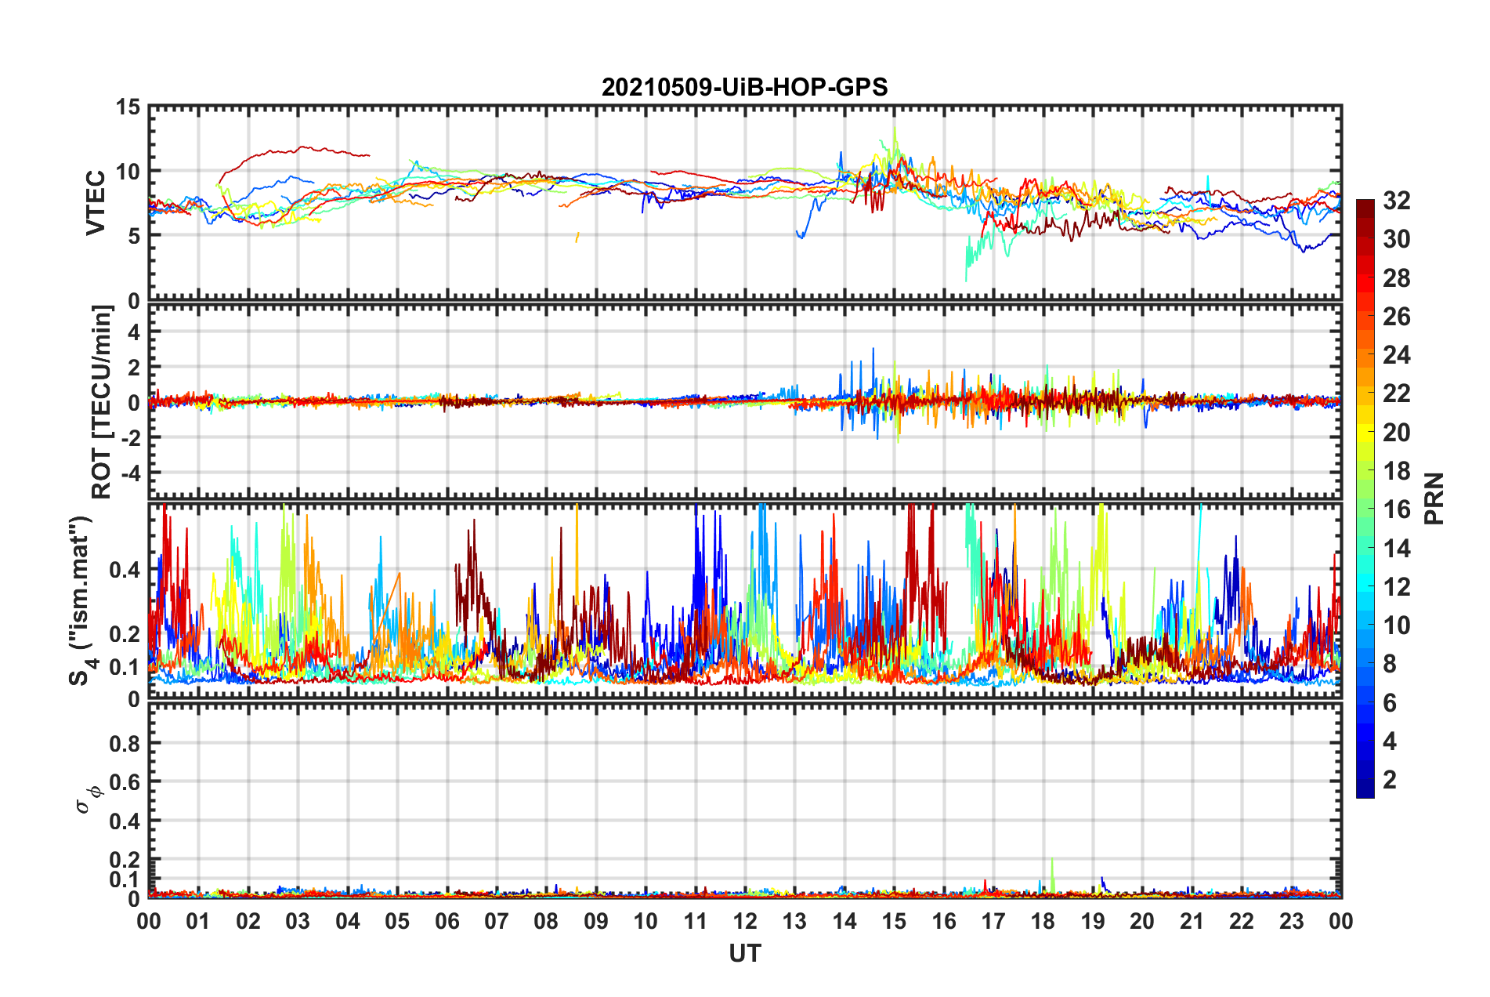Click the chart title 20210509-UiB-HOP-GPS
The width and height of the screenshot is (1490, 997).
click(x=744, y=87)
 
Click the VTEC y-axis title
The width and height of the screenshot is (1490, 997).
click(x=96, y=202)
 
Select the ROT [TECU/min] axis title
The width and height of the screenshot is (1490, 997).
click(x=101, y=402)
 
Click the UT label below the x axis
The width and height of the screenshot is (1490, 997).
click(x=744, y=953)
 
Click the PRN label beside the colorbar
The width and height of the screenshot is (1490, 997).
click(x=1434, y=498)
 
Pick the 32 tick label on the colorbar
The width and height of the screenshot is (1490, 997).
click(x=1396, y=201)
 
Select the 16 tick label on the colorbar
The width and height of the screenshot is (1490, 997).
click(x=1396, y=509)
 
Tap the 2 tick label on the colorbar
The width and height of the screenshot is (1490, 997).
click(x=1390, y=779)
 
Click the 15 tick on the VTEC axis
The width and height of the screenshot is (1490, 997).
click(x=128, y=107)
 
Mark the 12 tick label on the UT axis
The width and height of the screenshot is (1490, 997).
click(x=745, y=921)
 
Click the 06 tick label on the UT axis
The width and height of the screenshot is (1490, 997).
click(x=447, y=921)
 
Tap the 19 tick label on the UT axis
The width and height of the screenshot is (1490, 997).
click(x=1093, y=921)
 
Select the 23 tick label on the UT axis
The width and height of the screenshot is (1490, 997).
click(x=1291, y=921)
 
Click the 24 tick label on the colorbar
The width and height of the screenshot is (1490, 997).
click(x=1396, y=355)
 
